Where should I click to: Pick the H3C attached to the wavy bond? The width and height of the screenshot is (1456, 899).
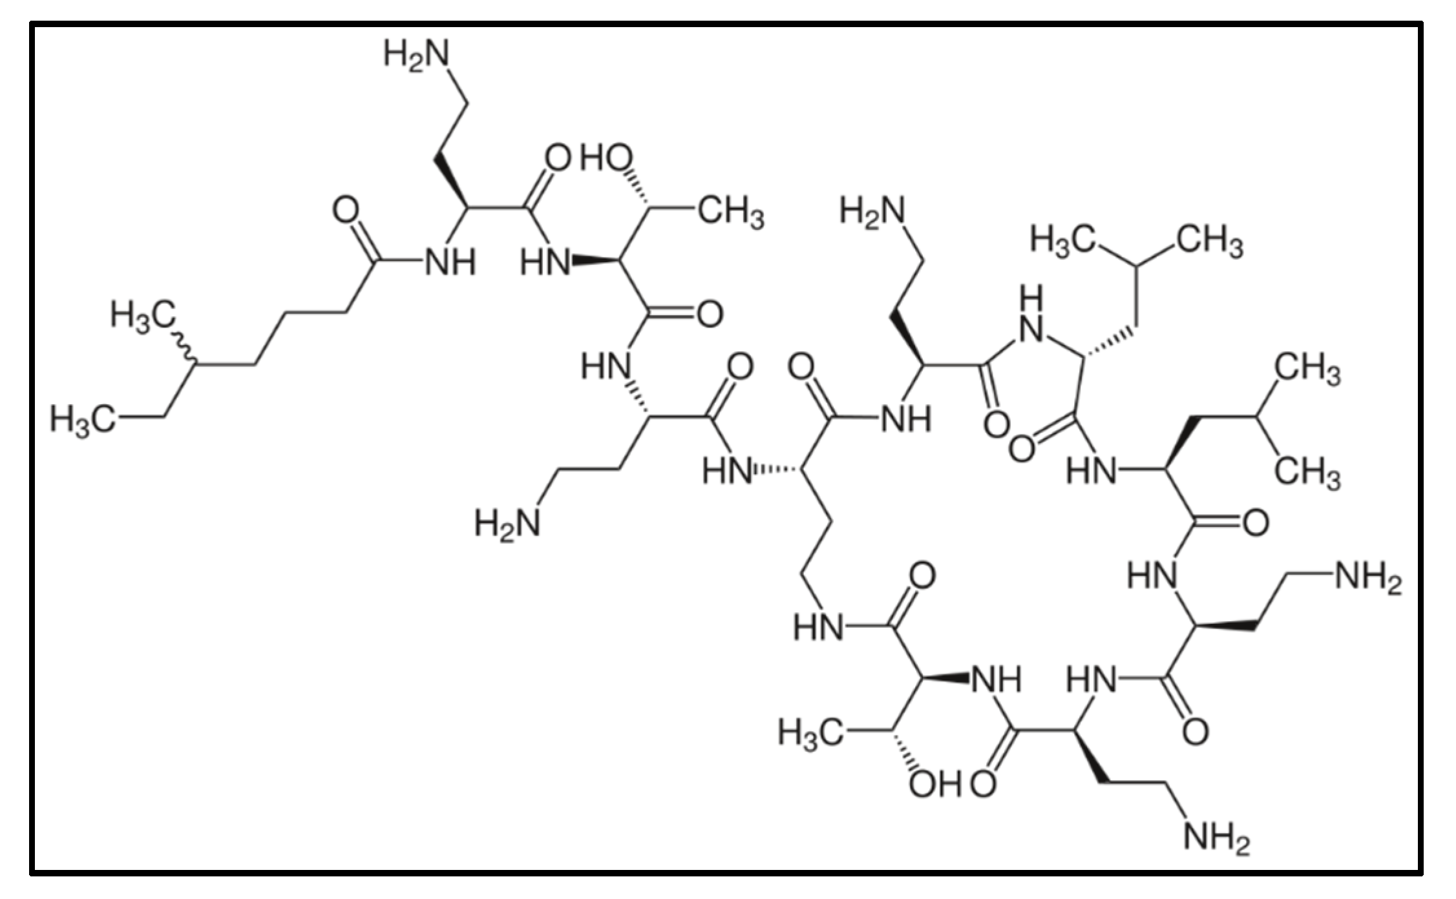point(142,316)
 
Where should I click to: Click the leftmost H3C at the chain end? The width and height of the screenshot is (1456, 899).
point(83,419)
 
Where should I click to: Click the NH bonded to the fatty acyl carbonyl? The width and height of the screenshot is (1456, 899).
point(450,263)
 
